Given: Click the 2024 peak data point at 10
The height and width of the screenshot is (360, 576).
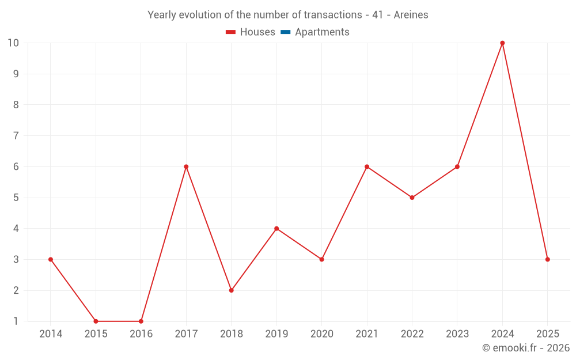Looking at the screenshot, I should [502, 43].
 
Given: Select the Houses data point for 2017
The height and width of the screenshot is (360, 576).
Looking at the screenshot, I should [186, 166].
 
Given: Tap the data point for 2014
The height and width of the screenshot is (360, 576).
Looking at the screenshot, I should [51, 259].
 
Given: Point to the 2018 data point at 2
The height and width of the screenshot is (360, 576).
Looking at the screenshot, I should [231, 290].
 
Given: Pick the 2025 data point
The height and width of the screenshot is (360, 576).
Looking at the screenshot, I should [547, 259].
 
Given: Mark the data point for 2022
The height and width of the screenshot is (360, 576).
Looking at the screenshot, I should [412, 198].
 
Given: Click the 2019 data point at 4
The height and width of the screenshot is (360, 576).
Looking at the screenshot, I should [276, 229].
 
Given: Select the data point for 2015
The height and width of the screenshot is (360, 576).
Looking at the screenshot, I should [96, 321].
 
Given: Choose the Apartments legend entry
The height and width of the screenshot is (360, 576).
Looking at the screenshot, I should [321, 32].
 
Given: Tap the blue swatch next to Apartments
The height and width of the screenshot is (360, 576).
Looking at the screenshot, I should [285, 32].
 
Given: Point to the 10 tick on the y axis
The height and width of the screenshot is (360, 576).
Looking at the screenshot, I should [13, 43].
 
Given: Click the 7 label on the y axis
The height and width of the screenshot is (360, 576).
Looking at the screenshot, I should [16, 136].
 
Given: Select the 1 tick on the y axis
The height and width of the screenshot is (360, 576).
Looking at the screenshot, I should [16, 321].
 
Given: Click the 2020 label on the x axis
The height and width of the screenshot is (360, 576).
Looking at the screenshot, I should [321, 334].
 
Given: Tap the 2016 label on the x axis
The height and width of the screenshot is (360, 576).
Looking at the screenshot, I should [141, 334].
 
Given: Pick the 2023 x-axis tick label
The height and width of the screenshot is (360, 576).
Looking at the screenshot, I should [457, 334].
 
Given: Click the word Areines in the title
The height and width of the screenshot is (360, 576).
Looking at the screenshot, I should [411, 15].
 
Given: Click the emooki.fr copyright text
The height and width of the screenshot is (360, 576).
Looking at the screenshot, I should [525, 348].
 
